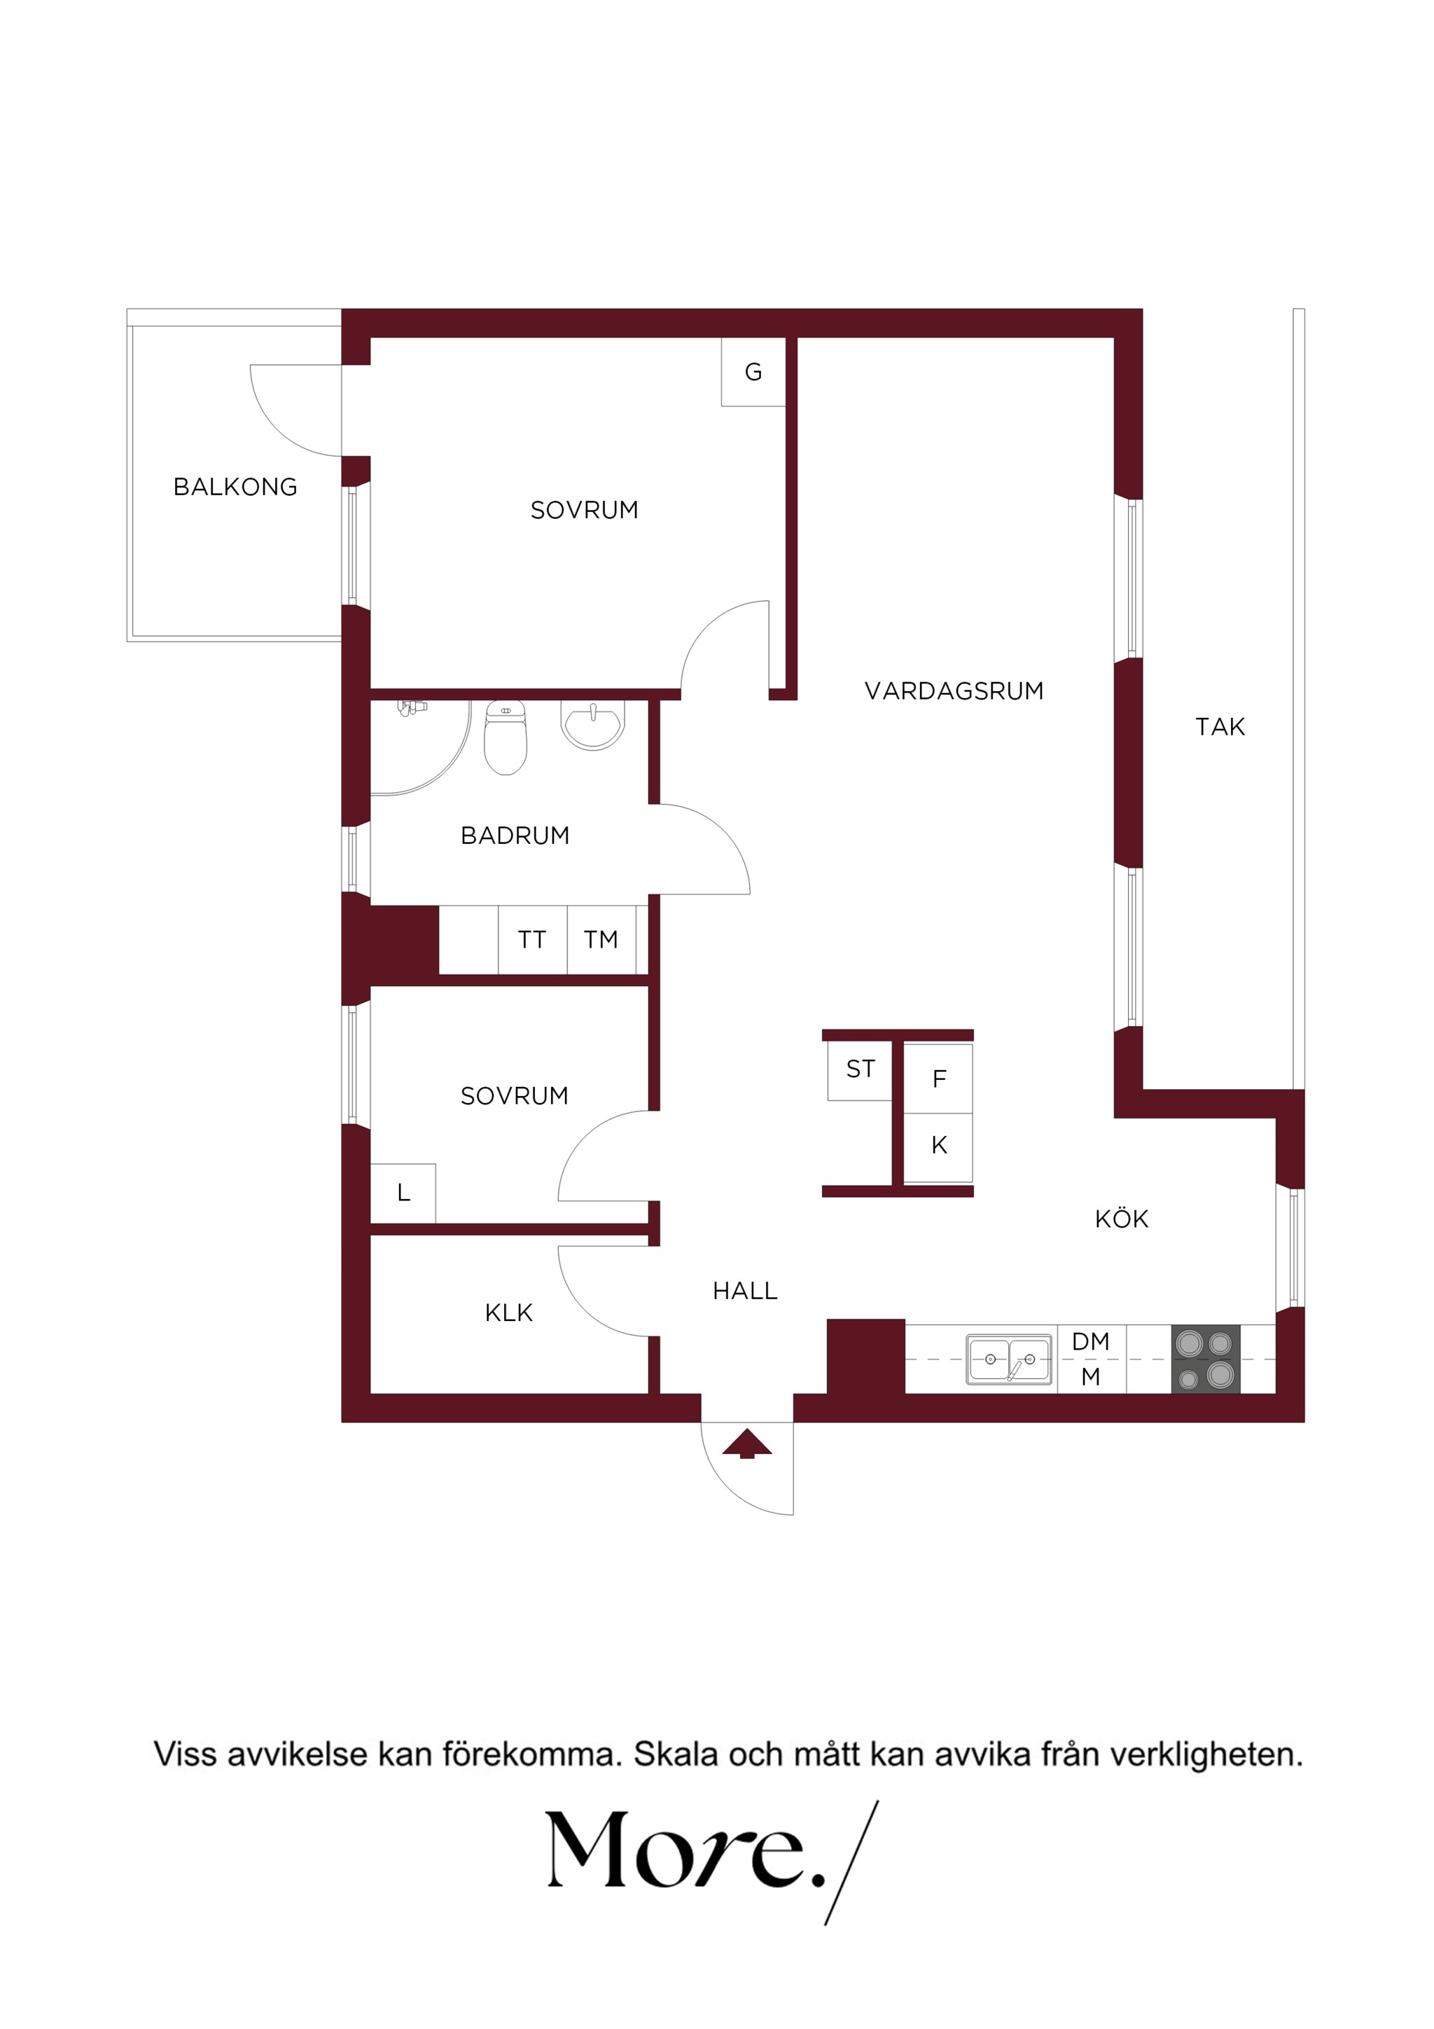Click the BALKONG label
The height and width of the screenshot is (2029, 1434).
click(235, 487)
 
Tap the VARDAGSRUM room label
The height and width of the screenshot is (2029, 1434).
click(954, 691)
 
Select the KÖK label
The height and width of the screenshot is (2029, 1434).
click(1121, 1219)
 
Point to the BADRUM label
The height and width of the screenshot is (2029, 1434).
click(515, 836)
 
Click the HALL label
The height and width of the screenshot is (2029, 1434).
click(745, 1291)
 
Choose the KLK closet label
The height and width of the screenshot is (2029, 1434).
click(509, 1313)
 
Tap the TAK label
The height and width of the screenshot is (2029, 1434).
click(1220, 727)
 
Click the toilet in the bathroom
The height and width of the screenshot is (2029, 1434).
click(506, 737)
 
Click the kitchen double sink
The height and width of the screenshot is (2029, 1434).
click(1009, 1359)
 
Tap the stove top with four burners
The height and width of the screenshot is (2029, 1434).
click(1205, 1359)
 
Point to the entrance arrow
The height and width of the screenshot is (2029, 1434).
click(748, 1443)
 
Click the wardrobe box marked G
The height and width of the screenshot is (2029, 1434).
click(753, 372)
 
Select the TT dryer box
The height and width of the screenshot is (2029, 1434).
click(533, 939)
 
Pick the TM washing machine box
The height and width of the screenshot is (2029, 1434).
click(601, 939)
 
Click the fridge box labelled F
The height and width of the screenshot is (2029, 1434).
click(938, 1079)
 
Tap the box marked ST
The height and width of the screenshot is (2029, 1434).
click(860, 1070)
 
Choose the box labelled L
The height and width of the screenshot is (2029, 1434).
click(403, 1193)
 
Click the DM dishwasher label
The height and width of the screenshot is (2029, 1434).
click(1090, 1341)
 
